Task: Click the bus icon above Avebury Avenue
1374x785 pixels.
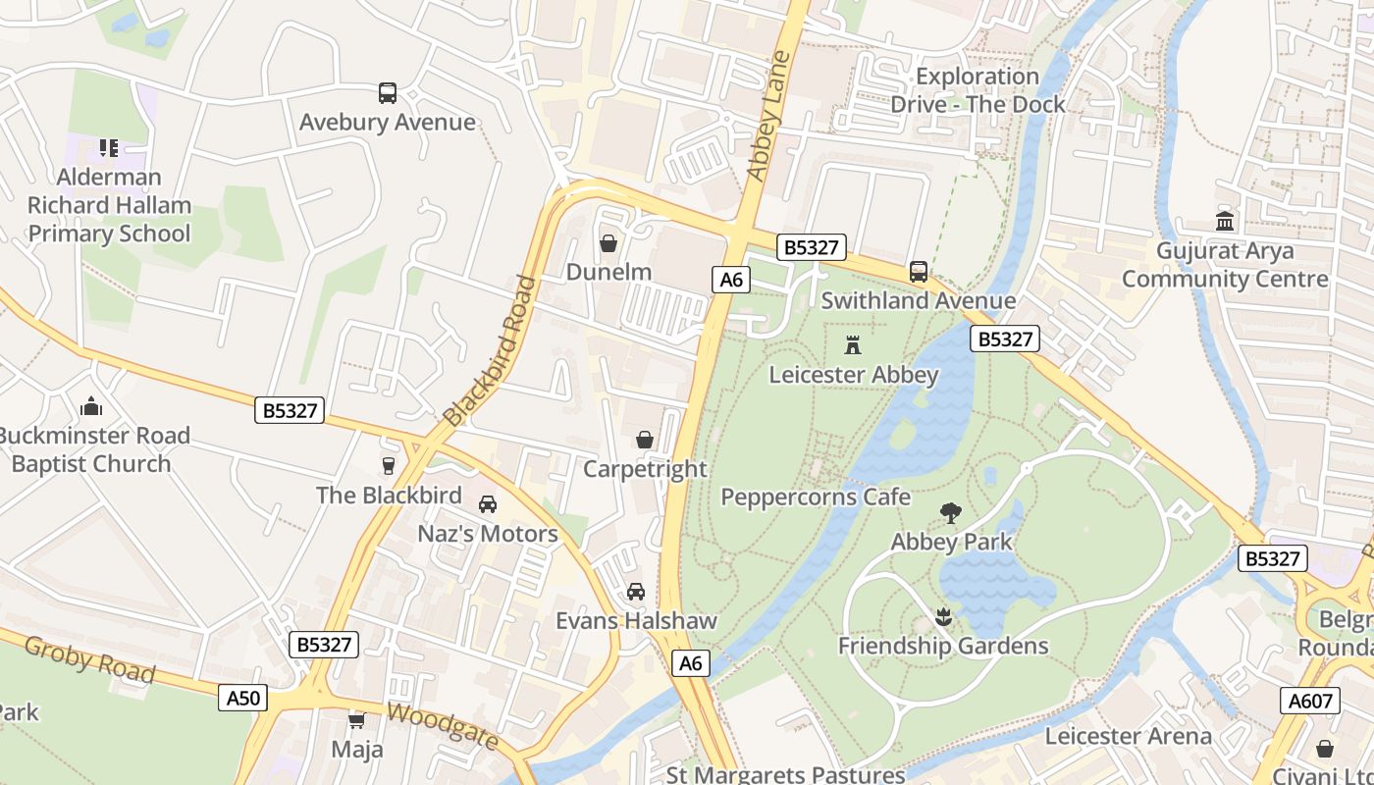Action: click(x=388, y=93)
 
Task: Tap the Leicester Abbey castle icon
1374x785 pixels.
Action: click(x=853, y=345)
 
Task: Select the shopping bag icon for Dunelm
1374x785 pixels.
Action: click(x=608, y=242)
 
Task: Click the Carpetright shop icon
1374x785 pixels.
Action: click(x=645, y=440)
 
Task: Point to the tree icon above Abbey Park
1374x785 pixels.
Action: click(x=950, y=511)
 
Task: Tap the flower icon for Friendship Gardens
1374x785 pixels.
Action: click(x=943, y=616)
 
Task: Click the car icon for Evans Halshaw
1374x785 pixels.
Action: click(x=636, y=592)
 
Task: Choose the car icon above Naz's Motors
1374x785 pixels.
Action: click(x=487, y=504)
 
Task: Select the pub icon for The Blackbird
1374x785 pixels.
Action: click(x=389, y=465)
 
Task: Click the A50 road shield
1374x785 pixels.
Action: click(x=243, y=698)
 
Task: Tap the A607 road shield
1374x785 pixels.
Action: click(x=1309, y=700)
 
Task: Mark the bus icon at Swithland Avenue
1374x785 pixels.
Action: click(x=919, y=272)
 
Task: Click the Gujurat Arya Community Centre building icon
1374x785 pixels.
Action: click(x=1225, y=221)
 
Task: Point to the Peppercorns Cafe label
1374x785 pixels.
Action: click(x=816, y=497)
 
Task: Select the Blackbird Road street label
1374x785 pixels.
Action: click(x=490, y=350)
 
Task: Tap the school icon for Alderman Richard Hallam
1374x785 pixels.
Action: click(x=109, y=148)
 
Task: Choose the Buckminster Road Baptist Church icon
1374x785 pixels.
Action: click(x=91, y=406)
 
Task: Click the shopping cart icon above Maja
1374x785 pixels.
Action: click(x=356, y=720)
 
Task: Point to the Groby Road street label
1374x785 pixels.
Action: click(x=89, y=659)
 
